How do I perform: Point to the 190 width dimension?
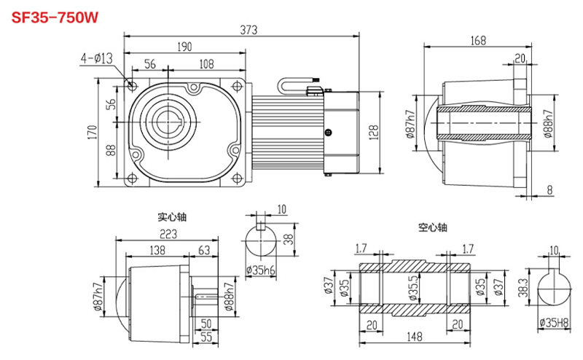pos(184,47)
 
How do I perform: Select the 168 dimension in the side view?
pos(477,41)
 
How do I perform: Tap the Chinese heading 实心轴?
pos(172,216)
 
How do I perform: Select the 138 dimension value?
pos(157,251)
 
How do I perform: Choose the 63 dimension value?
pos(204,251)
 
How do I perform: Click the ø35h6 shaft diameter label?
pos(260,270)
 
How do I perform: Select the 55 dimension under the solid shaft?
pos(206,336)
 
